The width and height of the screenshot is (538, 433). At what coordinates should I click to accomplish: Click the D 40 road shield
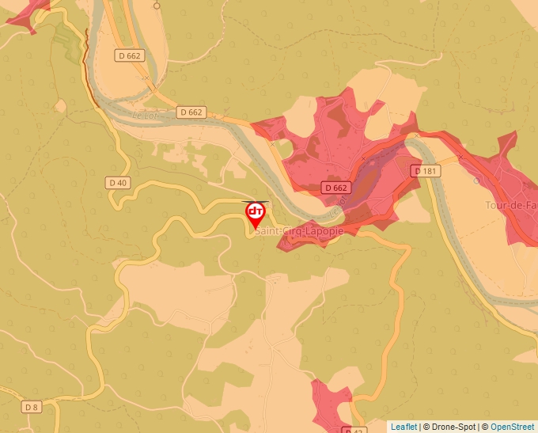tap(117, 183)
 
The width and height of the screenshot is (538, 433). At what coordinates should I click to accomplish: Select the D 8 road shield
tap(31, 407)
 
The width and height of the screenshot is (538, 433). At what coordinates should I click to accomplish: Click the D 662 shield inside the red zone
tap(335, 188)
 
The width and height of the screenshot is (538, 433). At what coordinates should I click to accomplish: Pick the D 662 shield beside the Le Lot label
tap(191, 112)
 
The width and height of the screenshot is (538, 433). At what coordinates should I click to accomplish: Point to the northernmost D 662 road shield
tap(128, 55)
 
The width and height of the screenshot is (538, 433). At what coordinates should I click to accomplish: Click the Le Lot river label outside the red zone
tap(145, 116)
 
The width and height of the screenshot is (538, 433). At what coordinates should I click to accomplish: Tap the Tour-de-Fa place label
tap(513, 203)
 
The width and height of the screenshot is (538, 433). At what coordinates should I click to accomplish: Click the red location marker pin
tap(256, 214)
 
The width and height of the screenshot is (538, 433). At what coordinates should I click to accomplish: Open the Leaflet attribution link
tap(403, 427)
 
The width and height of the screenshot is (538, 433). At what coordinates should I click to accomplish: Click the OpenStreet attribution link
tap(512, 427)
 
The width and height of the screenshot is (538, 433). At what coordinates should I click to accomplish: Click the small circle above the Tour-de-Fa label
tap(475, 180)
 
